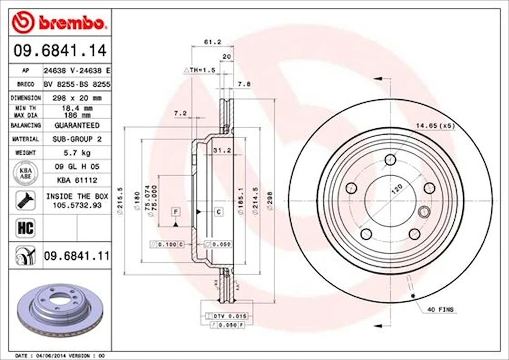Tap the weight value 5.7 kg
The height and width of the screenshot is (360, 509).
tap(76, 153)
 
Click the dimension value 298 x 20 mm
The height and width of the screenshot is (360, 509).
tap(76, 98)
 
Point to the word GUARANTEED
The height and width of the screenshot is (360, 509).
tap(76, 125)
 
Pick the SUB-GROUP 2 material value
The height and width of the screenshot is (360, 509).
tap(76, 139)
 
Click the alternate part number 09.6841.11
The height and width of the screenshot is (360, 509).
tap(76, 257)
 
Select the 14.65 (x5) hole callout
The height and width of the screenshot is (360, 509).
tap(435, 126)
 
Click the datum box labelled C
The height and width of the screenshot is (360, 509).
tap(219, 212)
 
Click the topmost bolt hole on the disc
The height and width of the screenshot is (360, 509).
tap(390, 159)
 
